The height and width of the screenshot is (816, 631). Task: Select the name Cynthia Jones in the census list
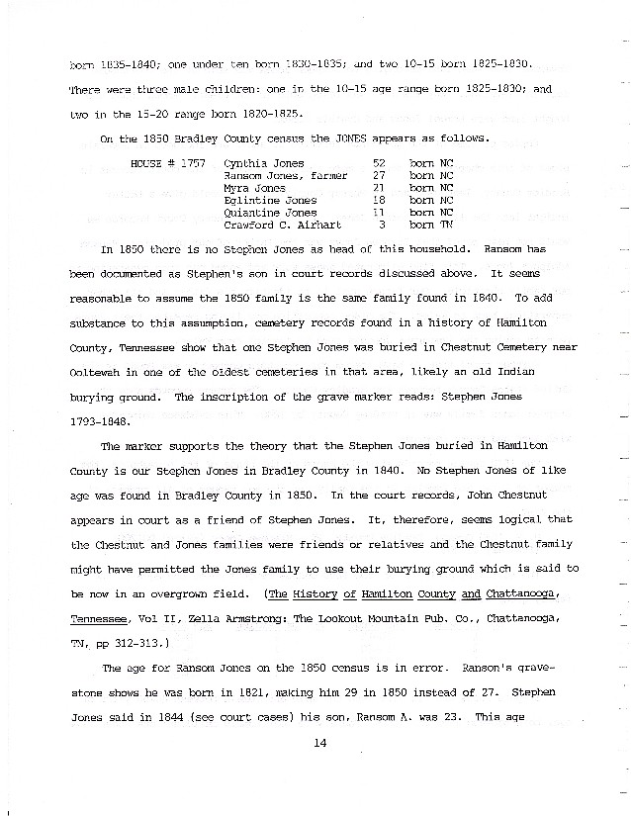point(264,161)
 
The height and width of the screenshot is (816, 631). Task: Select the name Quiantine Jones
point(271,213)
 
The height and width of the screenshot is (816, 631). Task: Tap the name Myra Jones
point(255,187)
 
